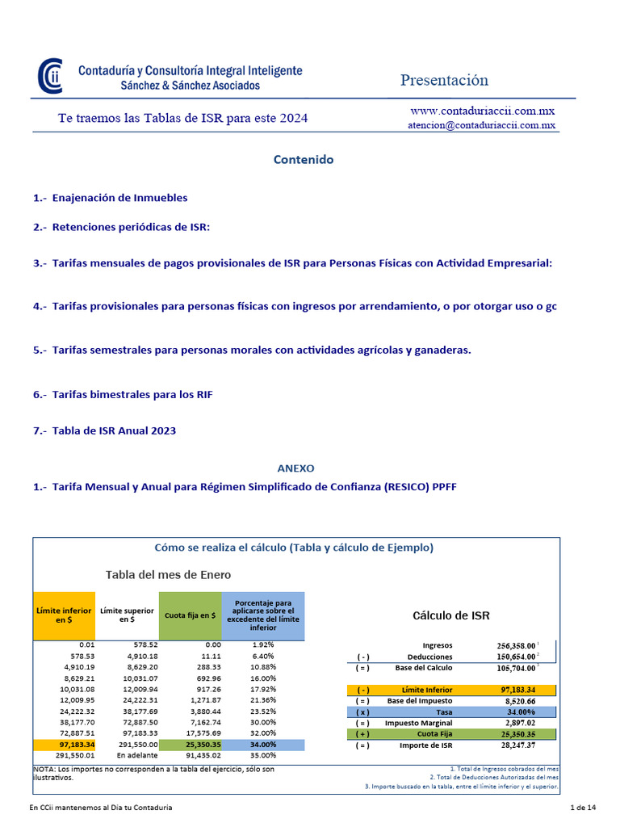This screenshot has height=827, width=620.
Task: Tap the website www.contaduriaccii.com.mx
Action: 482,111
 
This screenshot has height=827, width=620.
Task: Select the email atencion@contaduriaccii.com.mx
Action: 482,125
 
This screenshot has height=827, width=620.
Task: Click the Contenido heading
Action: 303,160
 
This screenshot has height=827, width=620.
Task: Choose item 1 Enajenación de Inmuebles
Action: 111,198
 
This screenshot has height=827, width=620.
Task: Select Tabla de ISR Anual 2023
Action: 105,430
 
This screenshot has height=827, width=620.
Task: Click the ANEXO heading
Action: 295,468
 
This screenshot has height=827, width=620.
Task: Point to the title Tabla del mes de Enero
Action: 168,575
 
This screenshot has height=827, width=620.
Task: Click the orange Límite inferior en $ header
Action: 64,615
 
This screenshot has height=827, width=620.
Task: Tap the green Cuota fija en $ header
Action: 190,615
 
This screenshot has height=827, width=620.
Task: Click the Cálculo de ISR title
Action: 450,615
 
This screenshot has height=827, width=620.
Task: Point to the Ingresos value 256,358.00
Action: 515,645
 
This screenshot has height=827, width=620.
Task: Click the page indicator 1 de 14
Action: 583,808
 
